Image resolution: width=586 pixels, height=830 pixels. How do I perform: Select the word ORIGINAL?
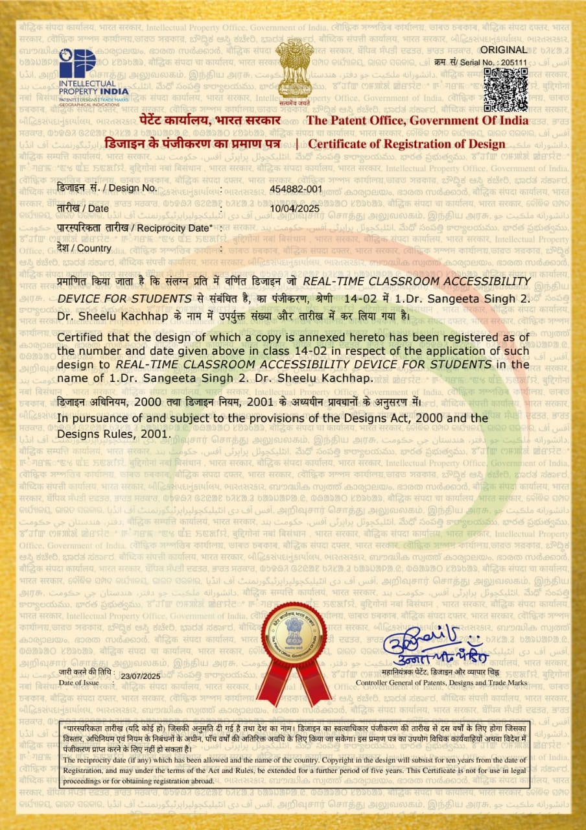(508, 50)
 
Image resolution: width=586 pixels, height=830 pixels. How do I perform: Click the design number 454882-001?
(296, 188)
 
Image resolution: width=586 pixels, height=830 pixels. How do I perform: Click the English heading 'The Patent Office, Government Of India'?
(417, 121)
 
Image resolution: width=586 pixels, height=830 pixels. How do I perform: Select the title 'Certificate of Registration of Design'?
(406, 144)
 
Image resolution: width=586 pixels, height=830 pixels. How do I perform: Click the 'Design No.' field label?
(106, 188)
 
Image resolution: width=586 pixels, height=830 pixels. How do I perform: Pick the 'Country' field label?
(84, 248)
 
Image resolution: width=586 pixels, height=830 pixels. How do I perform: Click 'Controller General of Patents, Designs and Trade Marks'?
(441, 683)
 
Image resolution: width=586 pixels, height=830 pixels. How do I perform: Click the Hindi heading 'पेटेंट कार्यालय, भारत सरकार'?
(210, 121)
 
